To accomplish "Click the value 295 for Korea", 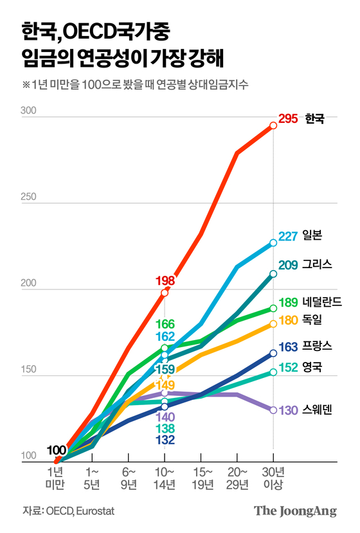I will point(289,120).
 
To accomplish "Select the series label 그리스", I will point(318,265).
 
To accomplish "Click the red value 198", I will point(165,280).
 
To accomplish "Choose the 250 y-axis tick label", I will point(29,199).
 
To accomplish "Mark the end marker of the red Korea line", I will point(273,125).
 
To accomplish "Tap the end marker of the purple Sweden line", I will point(273,410).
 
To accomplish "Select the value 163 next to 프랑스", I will point(289,347).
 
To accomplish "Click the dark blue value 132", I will point(165,440).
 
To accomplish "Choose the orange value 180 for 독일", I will point(289,320).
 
